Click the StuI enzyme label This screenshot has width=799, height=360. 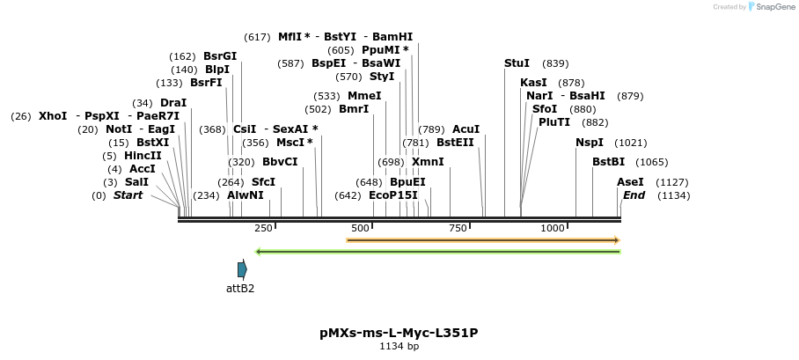(517, 63)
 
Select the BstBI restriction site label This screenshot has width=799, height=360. (608, 162)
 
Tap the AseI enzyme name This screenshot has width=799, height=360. (630, 182)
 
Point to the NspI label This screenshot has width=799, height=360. (590, 143)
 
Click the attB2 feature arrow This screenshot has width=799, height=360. (242, 269)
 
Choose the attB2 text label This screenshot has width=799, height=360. (240, 288)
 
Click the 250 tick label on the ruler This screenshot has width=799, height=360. (263, 228)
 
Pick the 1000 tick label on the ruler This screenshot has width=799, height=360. (552, 228)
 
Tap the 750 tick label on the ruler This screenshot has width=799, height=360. (458, 228)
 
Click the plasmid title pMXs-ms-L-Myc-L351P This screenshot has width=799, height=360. (399, 333)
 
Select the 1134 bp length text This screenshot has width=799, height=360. (399, 346)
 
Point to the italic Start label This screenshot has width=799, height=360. (128, 195)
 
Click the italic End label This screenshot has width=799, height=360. (634, 195)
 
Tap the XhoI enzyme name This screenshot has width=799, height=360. (53, 116)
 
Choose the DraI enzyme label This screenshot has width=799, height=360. (173, 103)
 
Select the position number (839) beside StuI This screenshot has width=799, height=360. (555, 63)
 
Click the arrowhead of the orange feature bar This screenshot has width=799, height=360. (617, 239)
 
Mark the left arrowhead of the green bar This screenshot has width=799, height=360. (257, 252)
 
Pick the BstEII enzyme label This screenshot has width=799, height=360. (455, 143)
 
